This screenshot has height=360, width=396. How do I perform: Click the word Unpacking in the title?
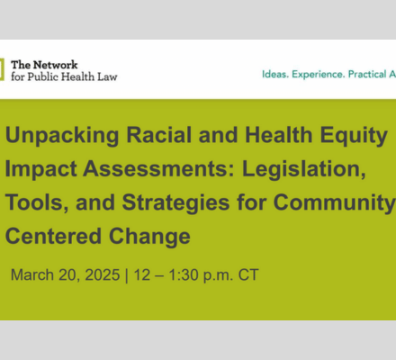[62, 136]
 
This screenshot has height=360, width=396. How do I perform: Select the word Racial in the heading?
[159, 134]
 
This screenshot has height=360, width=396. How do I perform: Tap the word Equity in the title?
[354, 136]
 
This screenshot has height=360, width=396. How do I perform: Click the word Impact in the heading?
[40, 170]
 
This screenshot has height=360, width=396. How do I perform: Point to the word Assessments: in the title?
[159, 168]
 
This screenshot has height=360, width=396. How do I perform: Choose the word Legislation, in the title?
[304, 170]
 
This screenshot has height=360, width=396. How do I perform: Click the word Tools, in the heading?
[37, 203]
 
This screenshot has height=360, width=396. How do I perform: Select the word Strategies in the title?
[175, 203]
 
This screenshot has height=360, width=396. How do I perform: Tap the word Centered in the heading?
[53, 236]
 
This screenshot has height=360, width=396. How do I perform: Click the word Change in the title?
[149, 237]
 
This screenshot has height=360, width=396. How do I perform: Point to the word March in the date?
[32, 274]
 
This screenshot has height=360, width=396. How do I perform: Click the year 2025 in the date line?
[103, 274]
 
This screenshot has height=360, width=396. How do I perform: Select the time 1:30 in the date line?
[183, 274]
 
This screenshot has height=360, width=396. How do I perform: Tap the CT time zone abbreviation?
[248, 274]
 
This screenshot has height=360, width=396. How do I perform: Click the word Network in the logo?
[56, 65]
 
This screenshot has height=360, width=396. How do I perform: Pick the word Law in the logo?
[107, 76]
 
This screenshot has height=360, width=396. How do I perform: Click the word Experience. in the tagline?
[319, 75]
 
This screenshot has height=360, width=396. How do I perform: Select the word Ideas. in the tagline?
[275, 74]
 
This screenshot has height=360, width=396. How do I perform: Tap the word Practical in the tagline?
[367, 74]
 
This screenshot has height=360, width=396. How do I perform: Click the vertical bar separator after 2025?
[126, 275]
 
